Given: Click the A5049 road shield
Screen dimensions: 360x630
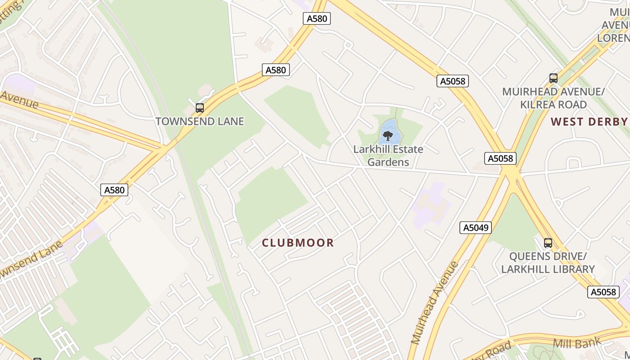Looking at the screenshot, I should point(476,228).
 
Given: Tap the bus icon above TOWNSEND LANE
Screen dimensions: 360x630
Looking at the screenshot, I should point(200,108).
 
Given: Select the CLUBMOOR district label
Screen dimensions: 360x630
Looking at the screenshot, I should point(298,243).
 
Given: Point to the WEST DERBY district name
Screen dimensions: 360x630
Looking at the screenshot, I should point(589,121).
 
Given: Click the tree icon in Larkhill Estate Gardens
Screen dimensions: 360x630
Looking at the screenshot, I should point(387,135).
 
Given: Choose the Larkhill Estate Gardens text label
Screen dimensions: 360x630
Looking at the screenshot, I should point(388,156).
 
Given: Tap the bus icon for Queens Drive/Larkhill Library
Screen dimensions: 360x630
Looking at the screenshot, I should point(548,243).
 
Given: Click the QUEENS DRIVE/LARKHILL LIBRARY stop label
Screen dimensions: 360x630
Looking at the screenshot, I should point(548,263).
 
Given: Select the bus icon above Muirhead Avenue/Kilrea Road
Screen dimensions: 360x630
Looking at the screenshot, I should point(553,78).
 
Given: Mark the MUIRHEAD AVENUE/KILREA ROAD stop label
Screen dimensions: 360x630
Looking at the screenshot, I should point(553,98).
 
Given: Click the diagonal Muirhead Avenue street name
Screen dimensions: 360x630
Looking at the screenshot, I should point(435,302).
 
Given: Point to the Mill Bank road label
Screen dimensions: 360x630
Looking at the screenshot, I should point(576,343).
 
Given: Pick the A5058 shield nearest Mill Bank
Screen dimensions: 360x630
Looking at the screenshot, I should point(603,292).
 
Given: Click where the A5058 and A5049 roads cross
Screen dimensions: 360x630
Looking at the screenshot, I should point(512,173).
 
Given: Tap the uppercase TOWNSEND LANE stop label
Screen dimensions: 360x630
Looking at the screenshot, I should point(200,121).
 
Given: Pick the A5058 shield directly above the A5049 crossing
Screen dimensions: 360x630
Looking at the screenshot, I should point(500,158).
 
